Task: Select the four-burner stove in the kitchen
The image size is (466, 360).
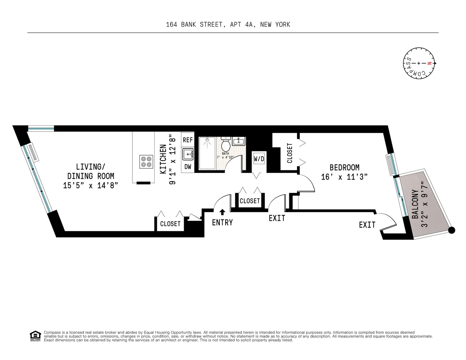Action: [146, 161]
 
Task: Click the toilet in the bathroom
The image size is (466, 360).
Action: [225, 146]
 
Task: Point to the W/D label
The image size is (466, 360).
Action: [259, 159]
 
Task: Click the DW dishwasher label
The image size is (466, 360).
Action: [188, 167]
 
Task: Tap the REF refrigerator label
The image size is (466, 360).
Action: [188, 140]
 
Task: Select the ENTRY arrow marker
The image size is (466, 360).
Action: [222, 212]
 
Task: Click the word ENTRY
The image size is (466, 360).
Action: [222, 223]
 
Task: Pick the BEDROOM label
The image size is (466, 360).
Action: [344, 168]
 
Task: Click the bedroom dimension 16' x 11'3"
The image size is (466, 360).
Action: [344, 177]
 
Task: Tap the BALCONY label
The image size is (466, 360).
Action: [415, 204]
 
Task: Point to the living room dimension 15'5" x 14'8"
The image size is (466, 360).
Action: [90, 185]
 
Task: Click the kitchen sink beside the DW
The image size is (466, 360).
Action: [188, 154]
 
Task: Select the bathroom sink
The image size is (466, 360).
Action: [239, 141]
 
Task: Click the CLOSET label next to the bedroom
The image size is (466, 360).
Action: [290, 153]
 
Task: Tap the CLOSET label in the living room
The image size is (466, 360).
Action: [170, 224]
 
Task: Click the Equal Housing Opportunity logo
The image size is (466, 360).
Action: [35, 336]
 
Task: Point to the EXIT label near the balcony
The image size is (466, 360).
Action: [367, 225]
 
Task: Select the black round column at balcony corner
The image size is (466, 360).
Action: [452, 230]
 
